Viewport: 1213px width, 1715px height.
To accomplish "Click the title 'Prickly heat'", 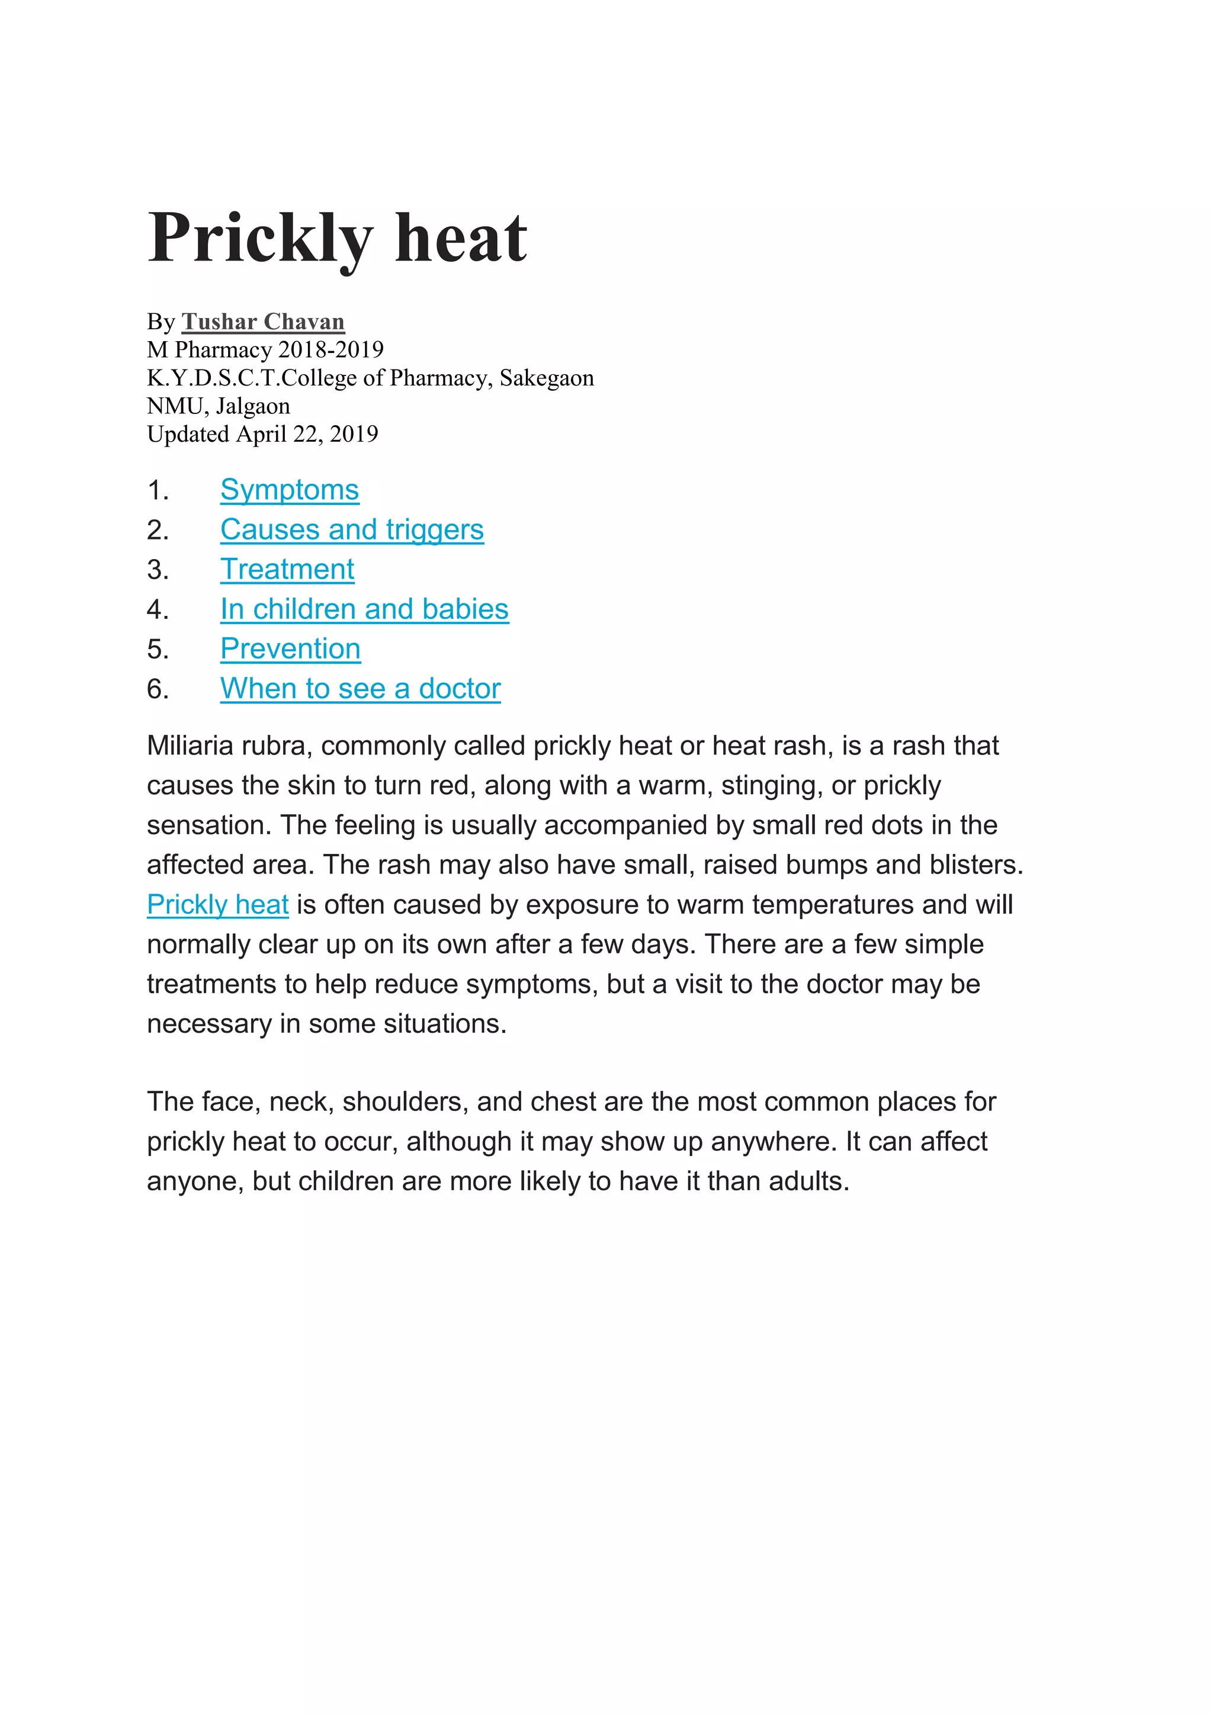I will [x=338, y=239].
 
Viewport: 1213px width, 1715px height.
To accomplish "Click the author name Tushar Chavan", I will [x=263, y=322].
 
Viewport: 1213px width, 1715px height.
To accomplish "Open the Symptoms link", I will [x=290, y=490].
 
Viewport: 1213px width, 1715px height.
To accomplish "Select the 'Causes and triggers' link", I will [x=352, y=529].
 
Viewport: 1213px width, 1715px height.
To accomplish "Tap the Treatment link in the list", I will [x=287, y=569].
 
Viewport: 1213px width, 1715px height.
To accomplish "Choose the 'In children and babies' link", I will [x=364, y=609].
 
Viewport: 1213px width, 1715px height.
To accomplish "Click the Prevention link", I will [x=291, y=648].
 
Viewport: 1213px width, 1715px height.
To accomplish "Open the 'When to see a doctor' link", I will [x=360, y=689].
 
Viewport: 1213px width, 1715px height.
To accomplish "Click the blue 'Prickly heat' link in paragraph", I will [x=217, y=904].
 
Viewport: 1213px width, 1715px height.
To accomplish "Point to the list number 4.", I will [x=158, y=609].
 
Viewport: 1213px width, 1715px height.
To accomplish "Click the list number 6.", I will [x=158, y=689].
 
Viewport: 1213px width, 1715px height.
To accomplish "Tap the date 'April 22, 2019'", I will [x=307, y=434].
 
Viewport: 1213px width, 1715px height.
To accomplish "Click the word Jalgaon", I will [x=252, y=406].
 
